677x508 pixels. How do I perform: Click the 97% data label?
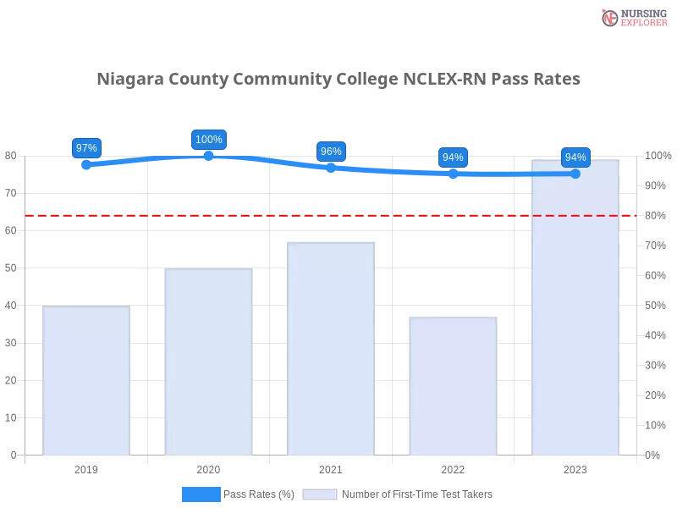(x=86, y=147)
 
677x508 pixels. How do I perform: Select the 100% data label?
(x=209, y=140)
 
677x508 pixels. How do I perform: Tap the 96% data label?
(x=331, y=152)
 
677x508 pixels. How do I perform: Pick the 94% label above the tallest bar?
(x=575, y=157)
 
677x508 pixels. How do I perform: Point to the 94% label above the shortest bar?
(x=453, y=157)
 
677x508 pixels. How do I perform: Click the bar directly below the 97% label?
(x=87, y=381)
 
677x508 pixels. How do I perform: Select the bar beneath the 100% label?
(x=209, y=362)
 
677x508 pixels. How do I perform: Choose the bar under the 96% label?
(x=331, y=348)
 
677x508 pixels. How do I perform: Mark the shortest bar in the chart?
(x=453, y=385)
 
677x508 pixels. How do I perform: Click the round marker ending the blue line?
(x=575, y=174)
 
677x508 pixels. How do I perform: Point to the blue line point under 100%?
(x=209, y=157)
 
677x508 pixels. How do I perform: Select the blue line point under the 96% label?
(x=331, y=167)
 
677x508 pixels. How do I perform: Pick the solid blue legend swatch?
(x=201, y=494)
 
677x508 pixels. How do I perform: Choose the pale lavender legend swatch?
(x=320, y=494)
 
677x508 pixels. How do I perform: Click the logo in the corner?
(x=632, y=17)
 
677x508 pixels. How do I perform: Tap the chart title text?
(x=338, y=80)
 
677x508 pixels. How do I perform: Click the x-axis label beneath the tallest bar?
(x=575, y=467)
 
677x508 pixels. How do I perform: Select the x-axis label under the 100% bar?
(x=209, y=467)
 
